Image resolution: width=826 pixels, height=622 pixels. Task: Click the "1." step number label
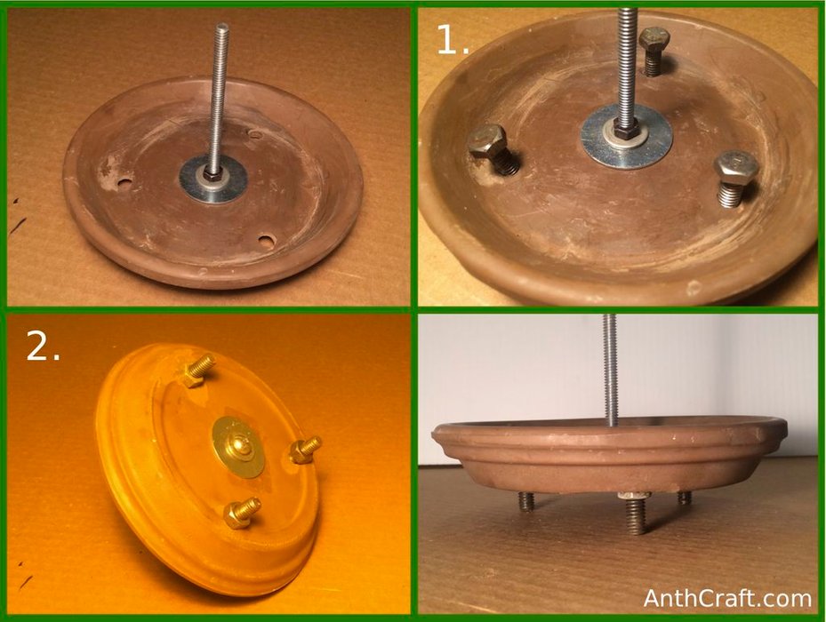click(453, 40)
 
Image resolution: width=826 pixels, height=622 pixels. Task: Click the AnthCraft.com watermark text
click(727, 598)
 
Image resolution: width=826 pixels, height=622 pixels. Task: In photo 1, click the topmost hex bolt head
click(654, 39)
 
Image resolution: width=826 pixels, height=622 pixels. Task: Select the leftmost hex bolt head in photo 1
click(486, 141)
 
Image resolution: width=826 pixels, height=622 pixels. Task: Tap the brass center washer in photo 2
click(238, 447)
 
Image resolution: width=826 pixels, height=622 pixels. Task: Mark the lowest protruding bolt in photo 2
click(242, 513)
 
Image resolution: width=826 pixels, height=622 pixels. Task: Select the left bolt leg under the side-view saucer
click(525, 501)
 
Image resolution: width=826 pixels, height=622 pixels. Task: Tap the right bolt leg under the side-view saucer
click(685, 498)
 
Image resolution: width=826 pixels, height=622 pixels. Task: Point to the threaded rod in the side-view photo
click(610, 371)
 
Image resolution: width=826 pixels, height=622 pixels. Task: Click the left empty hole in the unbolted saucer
click(124, 183)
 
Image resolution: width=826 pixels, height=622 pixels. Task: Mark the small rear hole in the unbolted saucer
click(255, 134)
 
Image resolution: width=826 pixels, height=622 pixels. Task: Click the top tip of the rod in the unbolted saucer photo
click(222, 24)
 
